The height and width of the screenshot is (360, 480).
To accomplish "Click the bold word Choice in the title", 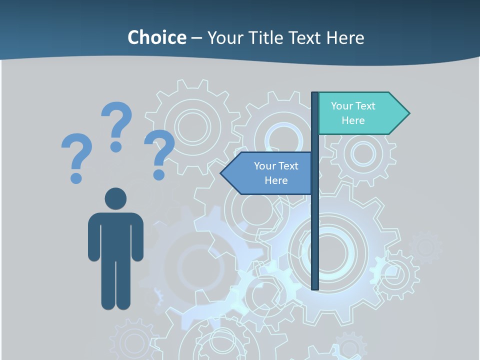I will coord(156,37).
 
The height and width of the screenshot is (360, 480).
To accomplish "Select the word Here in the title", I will coord(345,37).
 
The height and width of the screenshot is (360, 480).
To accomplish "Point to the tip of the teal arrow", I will coord(408,113).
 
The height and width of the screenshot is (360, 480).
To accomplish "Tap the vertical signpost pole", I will coord(315,225).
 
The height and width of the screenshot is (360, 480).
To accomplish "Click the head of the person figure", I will coord(115,199).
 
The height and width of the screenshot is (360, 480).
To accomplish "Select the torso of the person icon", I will coord(115,235).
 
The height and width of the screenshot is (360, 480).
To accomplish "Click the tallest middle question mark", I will coord(118,120).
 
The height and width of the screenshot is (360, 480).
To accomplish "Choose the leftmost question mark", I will coord(77,150).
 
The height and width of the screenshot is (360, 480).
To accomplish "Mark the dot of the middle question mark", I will coord(116,146).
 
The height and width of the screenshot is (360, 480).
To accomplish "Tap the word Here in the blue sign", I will coord(276,180).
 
